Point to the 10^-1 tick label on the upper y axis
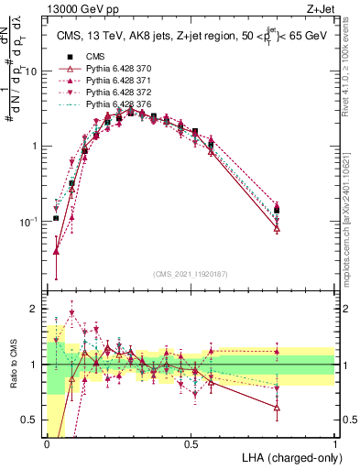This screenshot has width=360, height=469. [30, 221]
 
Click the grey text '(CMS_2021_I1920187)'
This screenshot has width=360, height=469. [191, 275]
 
